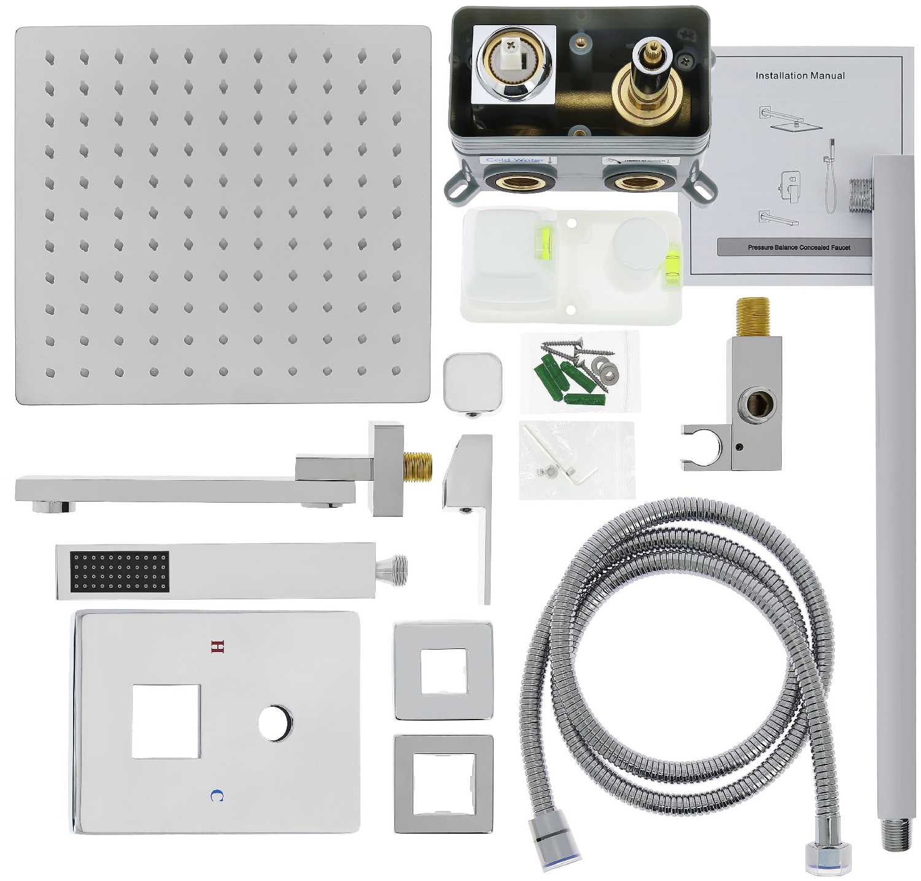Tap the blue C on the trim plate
(217, 796)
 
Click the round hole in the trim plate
(276, 723)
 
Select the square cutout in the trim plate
(166, 721)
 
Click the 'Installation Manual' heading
(799, 76)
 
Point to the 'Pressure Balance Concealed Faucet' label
(799, 247)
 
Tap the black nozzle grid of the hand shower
(120, 572)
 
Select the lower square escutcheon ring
(443, 784)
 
